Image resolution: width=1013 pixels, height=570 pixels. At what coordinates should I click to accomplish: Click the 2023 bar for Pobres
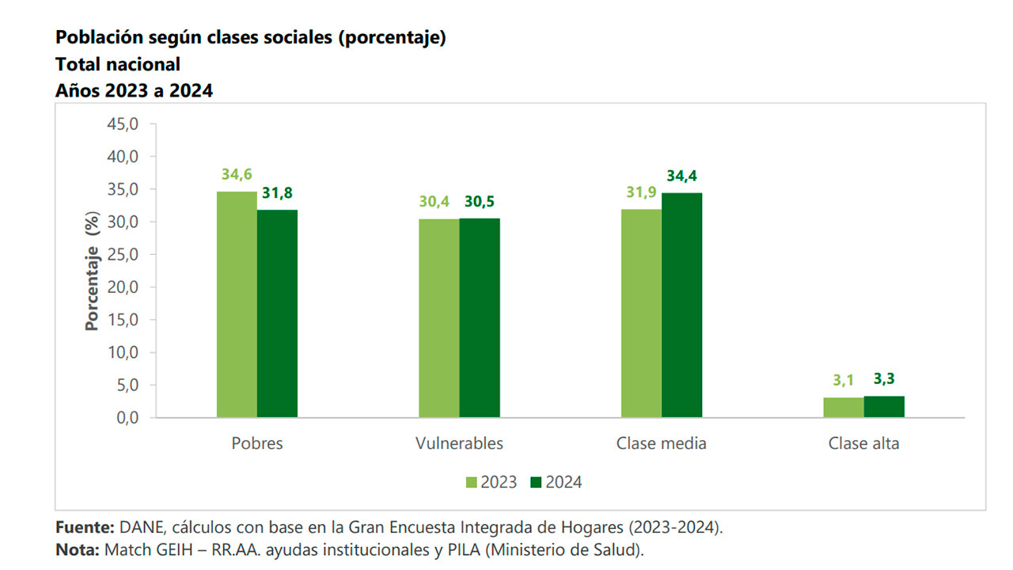point(237,305)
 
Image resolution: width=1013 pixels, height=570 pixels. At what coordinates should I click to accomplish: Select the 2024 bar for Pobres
point(277,313)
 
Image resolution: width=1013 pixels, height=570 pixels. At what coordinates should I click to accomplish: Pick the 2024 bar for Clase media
point(681,305)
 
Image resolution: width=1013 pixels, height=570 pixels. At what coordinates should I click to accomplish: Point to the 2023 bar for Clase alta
point(844,407)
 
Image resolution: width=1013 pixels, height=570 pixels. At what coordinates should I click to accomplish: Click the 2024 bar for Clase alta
point(884,406)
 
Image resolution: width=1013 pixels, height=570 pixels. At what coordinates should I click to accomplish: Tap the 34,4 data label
point(681,176)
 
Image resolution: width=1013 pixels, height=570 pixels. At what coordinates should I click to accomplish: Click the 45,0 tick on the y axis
point(123,124)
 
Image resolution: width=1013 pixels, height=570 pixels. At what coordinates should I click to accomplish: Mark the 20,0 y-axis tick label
point(123,287)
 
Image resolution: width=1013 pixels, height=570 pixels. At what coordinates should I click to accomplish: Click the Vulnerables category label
point(459,443)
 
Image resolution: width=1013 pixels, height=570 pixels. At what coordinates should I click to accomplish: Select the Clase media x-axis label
point(661,443)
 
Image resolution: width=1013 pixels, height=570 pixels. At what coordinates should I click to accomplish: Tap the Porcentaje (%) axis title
point(93,271)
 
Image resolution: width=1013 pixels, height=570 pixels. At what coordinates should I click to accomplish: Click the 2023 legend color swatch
point(472,482)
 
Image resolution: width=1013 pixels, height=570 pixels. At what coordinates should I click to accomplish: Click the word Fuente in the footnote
point(85,527)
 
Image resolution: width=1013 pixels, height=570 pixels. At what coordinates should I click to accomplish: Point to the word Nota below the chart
point(77,549)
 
